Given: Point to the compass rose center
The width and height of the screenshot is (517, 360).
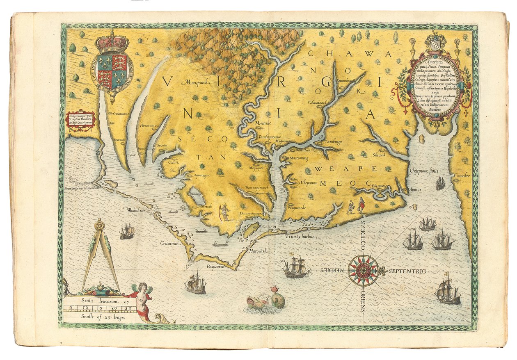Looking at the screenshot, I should tap(363, 270).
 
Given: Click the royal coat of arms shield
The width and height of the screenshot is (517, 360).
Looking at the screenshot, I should tap(112, 72).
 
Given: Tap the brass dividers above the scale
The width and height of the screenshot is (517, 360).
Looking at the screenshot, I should tap(100, 254).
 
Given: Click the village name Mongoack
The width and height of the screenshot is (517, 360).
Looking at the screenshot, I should tap(197, 82).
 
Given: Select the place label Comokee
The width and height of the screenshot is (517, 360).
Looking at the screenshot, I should tap(461, 176).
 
